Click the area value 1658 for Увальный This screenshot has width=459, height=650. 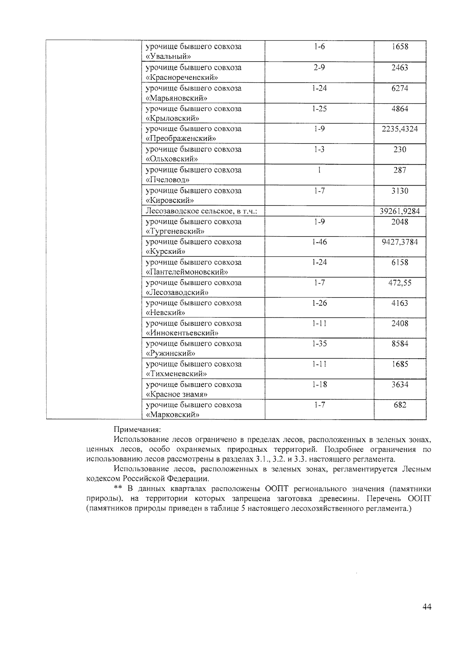[400, 47]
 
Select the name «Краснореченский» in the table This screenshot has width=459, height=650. [182, 77]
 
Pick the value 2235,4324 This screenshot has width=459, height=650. [400, 129]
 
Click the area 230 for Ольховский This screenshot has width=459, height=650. [400, 150]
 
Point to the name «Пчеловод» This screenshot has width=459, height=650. [168, 180]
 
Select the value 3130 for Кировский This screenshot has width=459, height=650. [400, 191]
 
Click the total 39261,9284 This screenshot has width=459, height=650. [400, 211]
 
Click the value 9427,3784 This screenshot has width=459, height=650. [400, 242]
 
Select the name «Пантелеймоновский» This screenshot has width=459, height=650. [187, 272]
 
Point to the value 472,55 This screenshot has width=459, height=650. [400, 283]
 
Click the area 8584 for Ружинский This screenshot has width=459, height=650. [400, 344]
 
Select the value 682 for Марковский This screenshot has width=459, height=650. [400, 405]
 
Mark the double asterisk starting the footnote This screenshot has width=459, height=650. [118, 488]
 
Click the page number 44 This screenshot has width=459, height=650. [427, 607]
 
